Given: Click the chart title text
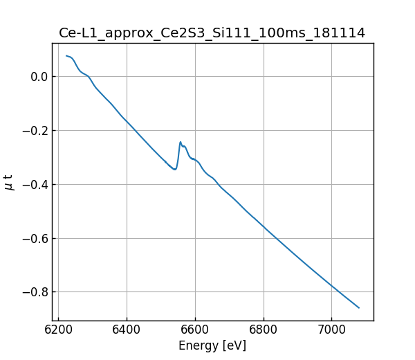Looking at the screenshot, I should coord(212,33).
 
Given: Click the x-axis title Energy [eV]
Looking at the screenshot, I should coord(212,345).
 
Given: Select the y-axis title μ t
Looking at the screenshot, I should coord(9,182).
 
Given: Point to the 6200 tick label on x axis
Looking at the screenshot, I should coord(59,331).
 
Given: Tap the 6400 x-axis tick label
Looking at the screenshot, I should coord(127,331).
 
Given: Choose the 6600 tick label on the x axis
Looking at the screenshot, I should coord(195,331).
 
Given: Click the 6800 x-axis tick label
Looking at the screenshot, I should coord(263,331).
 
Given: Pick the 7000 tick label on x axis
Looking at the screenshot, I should coord(331,331).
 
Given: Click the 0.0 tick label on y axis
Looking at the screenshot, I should coord(37,77).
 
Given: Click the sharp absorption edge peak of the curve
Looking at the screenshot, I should coord(181,142).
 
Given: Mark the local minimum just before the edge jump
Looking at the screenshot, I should coord(175,170).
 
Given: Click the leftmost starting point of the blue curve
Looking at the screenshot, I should coord(66,56).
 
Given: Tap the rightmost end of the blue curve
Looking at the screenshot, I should coord(359,307).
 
